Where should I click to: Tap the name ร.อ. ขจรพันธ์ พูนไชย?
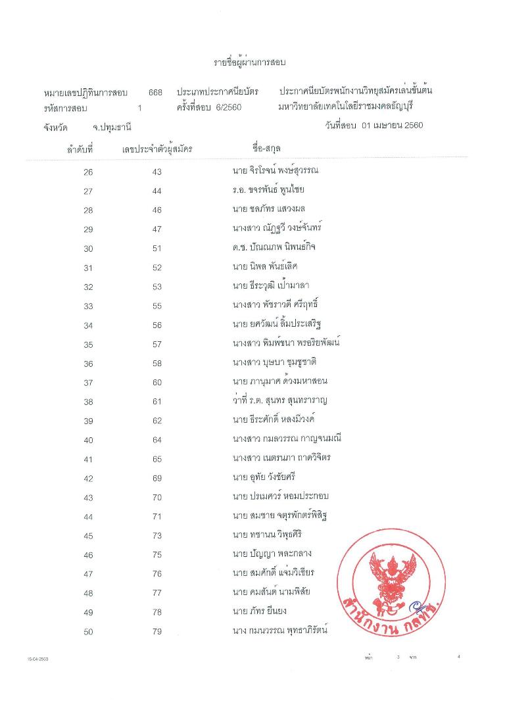(x=264, y=191)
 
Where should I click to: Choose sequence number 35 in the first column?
(x=88, y=345)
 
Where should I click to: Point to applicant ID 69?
(x=156, y=479)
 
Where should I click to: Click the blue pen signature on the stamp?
(x=413, y=606)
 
